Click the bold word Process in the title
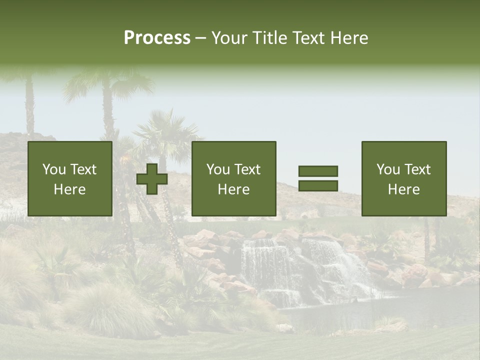[x=157, y=38]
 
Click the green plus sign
[x=152, y=179]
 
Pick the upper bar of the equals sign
[x=318, y=171]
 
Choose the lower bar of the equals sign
[x=318, y=185]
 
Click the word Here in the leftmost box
[x=70, y=189]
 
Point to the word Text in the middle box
[x=247, y=169]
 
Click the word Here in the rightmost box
[x=404, y=189]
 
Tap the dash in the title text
[x=201, y=38]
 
